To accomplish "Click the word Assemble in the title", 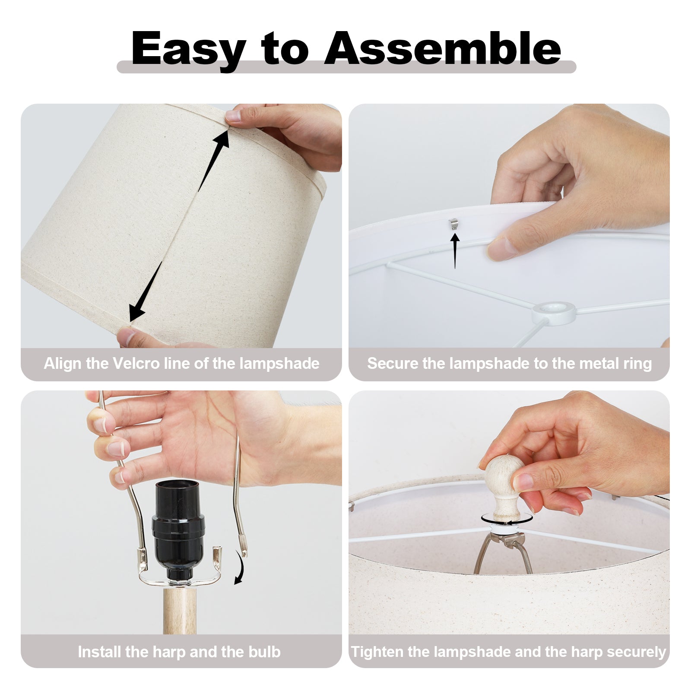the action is [443, 48].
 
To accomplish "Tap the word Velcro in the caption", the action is [136, 363].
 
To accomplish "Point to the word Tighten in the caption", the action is [377, 652].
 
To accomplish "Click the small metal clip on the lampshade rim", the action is [452, 223].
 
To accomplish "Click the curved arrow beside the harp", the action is [239, 567].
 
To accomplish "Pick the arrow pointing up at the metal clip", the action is [455, 250].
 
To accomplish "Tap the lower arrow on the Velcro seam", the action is [146, 292].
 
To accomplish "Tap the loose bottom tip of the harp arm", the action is [244, 552].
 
